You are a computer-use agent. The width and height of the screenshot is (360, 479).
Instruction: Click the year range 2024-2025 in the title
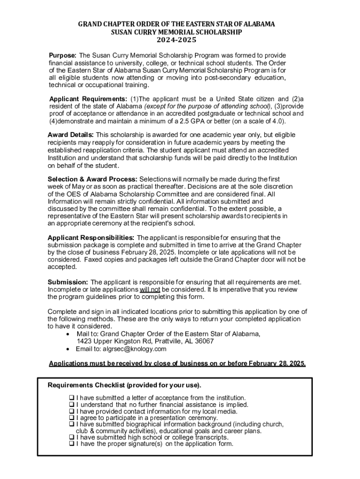coord(180,40)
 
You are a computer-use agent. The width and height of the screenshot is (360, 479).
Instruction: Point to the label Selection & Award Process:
coord(93,179)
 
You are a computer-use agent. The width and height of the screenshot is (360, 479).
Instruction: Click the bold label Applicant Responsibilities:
coord(91,238)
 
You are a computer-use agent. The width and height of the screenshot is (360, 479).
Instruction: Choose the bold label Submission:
coord(68,282)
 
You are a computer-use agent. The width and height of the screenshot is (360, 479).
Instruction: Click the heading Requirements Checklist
coord(124,385)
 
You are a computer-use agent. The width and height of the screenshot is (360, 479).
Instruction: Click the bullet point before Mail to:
coord(69,334)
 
